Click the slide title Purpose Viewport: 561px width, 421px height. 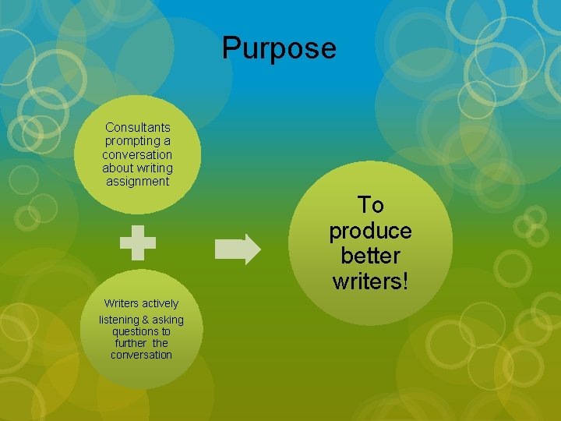(279, 48)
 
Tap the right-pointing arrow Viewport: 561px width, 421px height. (238, 249)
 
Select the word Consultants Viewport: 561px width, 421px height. (138, 127)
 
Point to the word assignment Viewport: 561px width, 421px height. (138, 182)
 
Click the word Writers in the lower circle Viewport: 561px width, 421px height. (120, 303)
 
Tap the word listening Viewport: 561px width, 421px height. (119, 320)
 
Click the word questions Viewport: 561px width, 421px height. (141, 331)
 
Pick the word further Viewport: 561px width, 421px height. (131, 343)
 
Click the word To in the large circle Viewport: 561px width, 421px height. (370, 205)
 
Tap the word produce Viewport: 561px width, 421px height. (370, 231)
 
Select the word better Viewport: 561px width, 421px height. (370, 256)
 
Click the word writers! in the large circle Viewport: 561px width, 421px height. (370, 281)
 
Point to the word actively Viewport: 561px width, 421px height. (159, 303)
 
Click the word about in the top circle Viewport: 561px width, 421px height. (118, 168)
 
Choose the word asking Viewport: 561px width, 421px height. (168, 320)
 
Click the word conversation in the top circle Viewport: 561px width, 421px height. (137, 154)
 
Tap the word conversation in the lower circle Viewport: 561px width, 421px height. (141, 355)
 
